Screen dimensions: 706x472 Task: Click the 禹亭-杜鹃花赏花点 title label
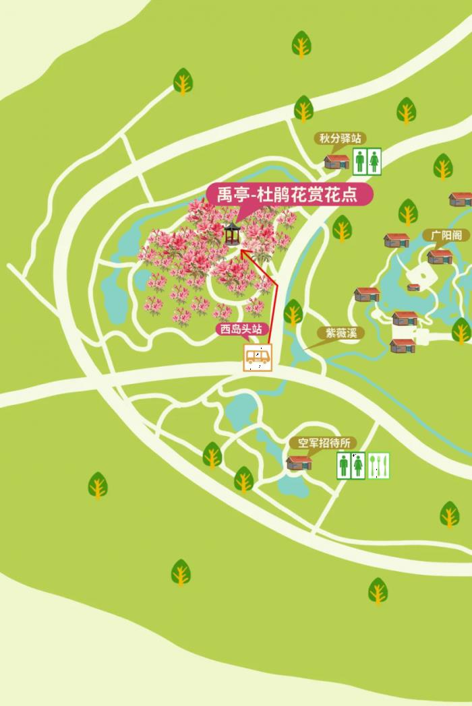click(290, 194)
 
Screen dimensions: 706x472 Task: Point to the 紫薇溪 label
click(341, 333)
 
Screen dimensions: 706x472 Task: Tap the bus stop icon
click(258, 358)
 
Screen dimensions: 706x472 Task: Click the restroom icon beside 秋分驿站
click(367, 162)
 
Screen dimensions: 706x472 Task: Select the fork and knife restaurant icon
click(379, 465)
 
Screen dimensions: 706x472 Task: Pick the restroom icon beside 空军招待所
click(351, 465)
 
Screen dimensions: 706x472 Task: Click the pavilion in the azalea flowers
click(232, 233)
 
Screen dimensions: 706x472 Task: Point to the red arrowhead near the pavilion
click(243, 253)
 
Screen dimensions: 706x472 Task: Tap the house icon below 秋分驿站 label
click(336, 162)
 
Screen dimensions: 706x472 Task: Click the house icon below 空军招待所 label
click(299, 462)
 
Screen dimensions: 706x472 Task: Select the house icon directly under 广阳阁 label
click(440, 257)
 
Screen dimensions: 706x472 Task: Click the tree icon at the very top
click(301, 44)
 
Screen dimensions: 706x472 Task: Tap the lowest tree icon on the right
click(378, 591)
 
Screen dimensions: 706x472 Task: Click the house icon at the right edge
click(461, 199)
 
